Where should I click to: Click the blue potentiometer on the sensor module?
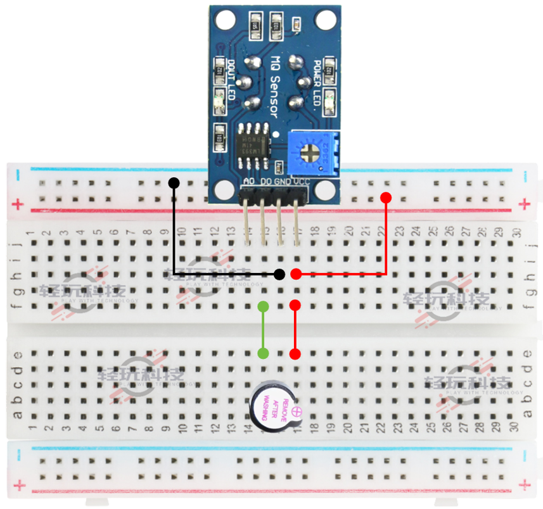click(x=310, y=153)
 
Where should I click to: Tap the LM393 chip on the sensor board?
click(x=252, y=148)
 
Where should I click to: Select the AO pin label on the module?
click(x=249, y=182)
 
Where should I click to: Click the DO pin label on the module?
click(x=265, y=182)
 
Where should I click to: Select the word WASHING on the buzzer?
click(x=267, y=405)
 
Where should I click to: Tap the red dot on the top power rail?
click(x=385, y=198)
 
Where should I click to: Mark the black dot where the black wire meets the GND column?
click(x=279, y=274)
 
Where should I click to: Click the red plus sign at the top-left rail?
click(x=17, y=204)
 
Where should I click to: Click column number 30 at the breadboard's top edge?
click(x=516, y=232)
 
